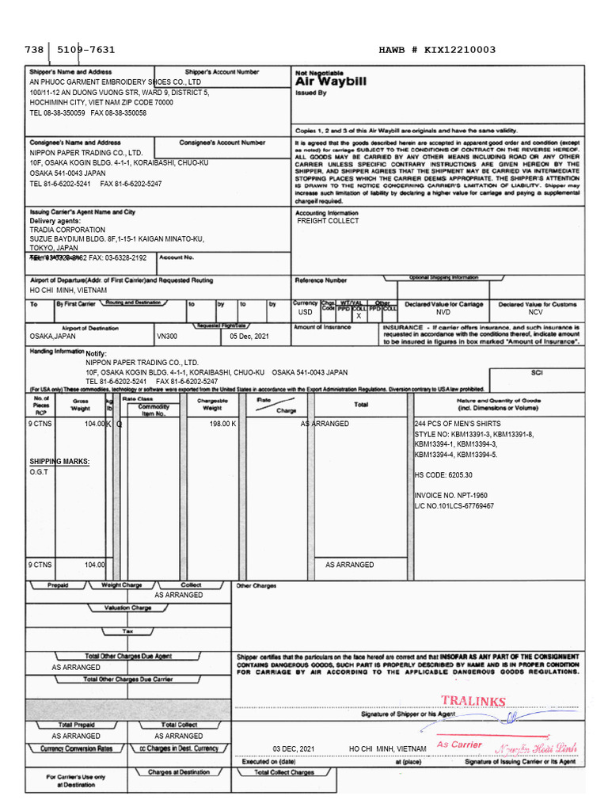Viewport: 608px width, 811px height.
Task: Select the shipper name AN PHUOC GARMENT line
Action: [x=115, y=82]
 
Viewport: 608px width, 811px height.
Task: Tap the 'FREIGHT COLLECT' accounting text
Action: [x=328, y=221]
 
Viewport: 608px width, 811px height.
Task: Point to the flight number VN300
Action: [x=167, y=336]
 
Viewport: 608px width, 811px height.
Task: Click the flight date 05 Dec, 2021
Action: [x=249, y=336]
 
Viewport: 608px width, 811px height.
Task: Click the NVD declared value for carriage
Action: [x=443, y=313]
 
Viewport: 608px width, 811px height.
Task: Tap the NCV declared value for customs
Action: [x=536, y=313]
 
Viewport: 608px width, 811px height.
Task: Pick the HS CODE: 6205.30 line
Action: [x=443, y=475]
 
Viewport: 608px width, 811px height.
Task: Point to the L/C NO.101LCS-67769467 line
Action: [x=454, y=505]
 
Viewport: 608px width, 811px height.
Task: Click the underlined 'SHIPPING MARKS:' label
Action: [x=59, y=461]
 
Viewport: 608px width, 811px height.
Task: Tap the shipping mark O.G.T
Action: [x=40, y=472]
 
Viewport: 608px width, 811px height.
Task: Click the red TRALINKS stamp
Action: [x=473, y=701]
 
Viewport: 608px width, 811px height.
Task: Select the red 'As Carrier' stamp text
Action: [x=459, y=744]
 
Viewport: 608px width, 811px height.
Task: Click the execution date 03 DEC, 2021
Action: [x=294, y=748]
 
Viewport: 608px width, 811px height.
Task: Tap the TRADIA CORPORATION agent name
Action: [x=66, y=230]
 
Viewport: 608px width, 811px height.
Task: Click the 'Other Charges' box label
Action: [x=256, y=586]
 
